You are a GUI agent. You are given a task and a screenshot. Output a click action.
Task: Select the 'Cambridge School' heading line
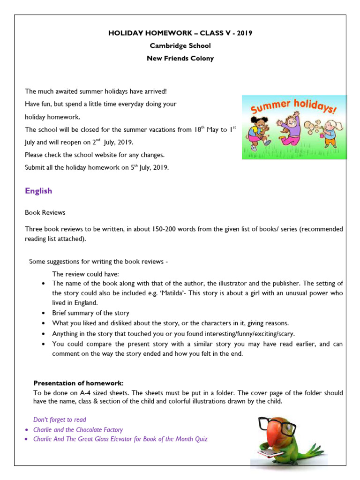[x=180, y=46]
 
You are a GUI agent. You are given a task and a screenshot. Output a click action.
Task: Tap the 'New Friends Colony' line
[x=180, y=59]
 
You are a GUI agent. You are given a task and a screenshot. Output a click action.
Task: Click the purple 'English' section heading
[x=38, y=191]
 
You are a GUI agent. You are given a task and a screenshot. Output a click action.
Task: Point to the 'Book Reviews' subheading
[x=45, y=212]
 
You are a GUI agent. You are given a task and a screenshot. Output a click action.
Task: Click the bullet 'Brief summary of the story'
[x=90, y=313]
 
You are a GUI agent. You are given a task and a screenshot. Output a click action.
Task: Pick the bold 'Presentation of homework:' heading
[x=78, y=383]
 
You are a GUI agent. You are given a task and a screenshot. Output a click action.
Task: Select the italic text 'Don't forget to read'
[x=60, y=420]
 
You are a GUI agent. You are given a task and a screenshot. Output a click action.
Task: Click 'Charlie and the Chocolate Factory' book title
[x=78, y=429]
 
